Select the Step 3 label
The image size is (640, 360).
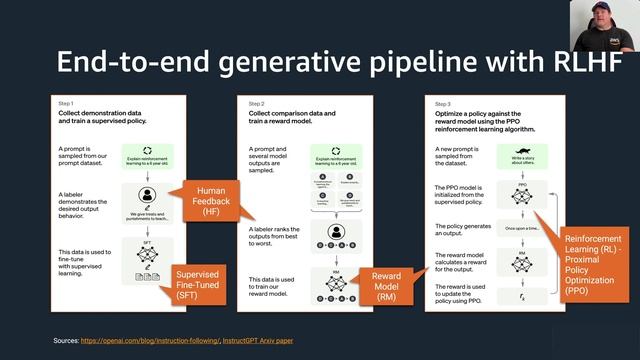pyautogui.click(x=437, y=102)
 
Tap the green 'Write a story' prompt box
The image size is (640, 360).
pyautogui.click(x=521, y=155)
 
